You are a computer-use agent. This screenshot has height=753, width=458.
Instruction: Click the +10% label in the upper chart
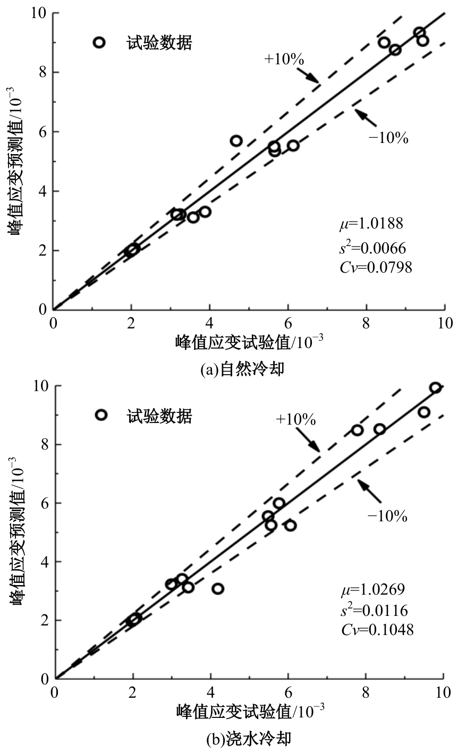click(x=284, y=59)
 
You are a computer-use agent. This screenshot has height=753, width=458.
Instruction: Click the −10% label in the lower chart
click(x=387, y=516)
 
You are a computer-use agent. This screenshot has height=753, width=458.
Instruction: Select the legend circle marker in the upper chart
click(x=99, y=43)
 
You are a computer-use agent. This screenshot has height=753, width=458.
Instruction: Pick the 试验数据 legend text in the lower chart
click(x=159, y=416)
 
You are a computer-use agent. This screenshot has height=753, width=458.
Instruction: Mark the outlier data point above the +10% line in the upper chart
click(x=236, y=141)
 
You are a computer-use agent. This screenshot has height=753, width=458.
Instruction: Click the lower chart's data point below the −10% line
click(x=217, y=588)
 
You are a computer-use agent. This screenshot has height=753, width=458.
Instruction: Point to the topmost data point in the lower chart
click(x=435, y=387)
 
